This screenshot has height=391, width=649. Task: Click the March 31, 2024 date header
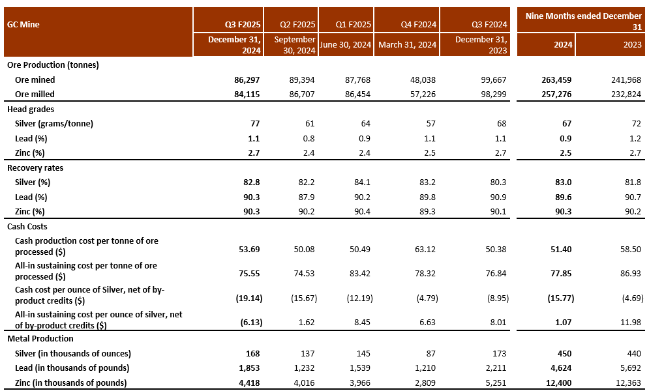pyautogui.click(x=407, y=44)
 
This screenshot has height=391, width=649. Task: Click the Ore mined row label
pyautogui.click(x=35, y=80)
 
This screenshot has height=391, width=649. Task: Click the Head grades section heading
pyautogui.click(x=31, y=109)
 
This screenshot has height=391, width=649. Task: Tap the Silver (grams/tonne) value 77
pyautogui.click(x=255, y=124)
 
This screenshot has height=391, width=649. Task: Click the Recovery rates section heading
pyautogui.click(x=35, y=167)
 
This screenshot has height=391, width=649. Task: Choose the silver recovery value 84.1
pyautogui.click(x=361, y=182)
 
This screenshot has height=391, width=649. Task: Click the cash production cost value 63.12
pyautogui.click(x=424, y=246)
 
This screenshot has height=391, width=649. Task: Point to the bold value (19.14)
pyautogui.click(x=247, y=296)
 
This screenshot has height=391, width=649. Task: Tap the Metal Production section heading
pyautogui.click(x=40, y=339)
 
